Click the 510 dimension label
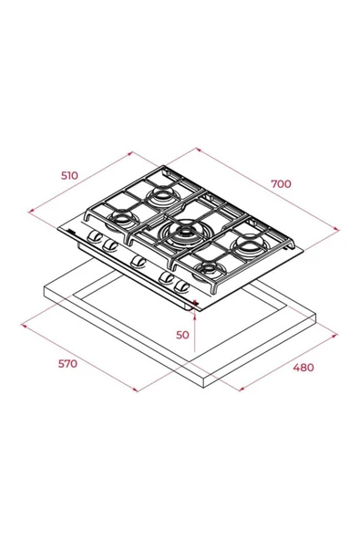tap(69, 175)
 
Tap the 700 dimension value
tap(281, 184)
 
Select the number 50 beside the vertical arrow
tap(182, 335)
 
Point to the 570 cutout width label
tap(67, 364)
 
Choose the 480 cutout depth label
tap(303, 368)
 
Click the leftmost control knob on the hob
tap(94, 236)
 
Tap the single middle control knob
tap(138, 262)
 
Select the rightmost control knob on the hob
tap(182, 286)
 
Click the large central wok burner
tap(181, 234)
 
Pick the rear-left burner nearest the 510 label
tap(161, 196)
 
